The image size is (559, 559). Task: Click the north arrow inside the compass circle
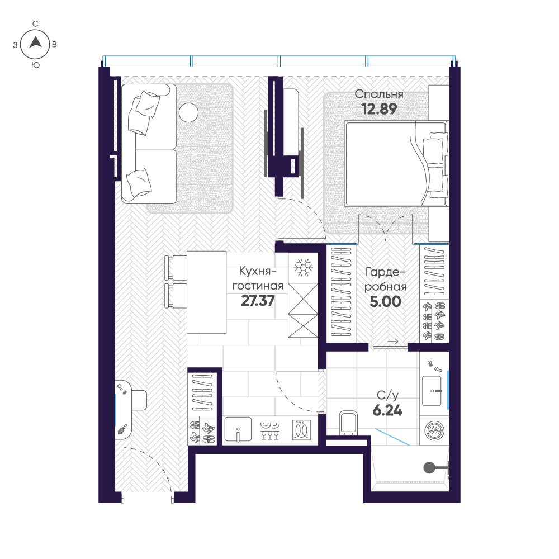pos(35,43)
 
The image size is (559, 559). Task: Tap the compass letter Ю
pos(36,65)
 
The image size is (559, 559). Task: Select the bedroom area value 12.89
pos(379,109)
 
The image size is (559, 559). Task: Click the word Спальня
pos(379,94)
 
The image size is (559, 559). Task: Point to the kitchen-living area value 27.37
pos(258,301)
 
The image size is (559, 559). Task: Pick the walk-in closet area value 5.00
pos(385,302)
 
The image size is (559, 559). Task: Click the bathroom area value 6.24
pos(387,411)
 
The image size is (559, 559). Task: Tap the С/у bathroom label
pos(387,395)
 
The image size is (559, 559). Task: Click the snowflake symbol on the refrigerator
pos(303,267)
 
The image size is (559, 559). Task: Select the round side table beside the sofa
pos(188,112)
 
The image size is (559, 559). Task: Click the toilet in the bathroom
pos(348,423)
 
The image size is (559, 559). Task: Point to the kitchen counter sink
pos(238,429)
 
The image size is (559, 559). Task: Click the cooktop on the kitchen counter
pos(302,430)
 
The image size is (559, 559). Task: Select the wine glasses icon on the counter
pos(270,430)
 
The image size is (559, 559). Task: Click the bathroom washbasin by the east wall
pos(432,391)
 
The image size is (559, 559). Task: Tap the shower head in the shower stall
pos(429,467)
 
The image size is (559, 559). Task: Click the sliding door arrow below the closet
pos(392,342)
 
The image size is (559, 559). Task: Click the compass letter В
pos(54,45)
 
